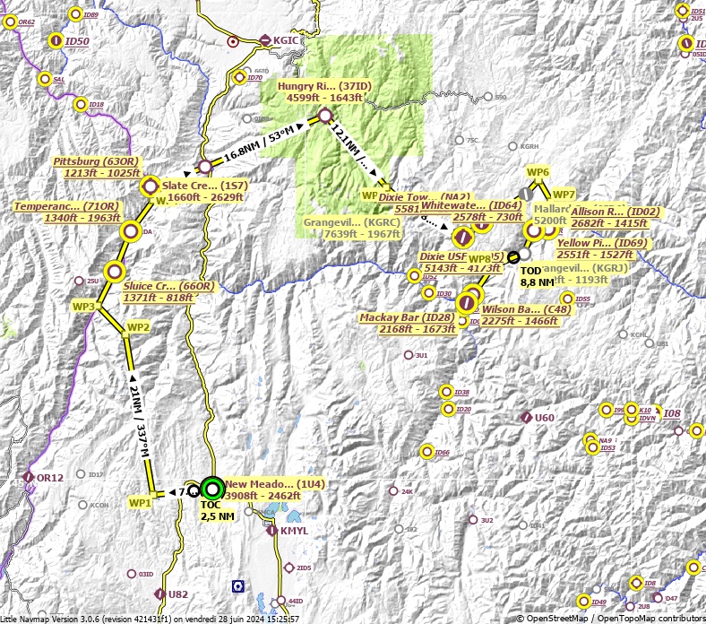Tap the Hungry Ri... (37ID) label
point(324,91)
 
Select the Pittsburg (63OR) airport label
point(98,167)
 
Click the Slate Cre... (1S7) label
point(205,191)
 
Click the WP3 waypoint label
point(83,307)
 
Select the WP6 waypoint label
point(538,171)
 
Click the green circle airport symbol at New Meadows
point(211,489)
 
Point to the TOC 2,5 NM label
point(217,510)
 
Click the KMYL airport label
point(294,531)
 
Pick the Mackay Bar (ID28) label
point(404,324)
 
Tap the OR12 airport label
point(49,478)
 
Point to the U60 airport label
point(545,417)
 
